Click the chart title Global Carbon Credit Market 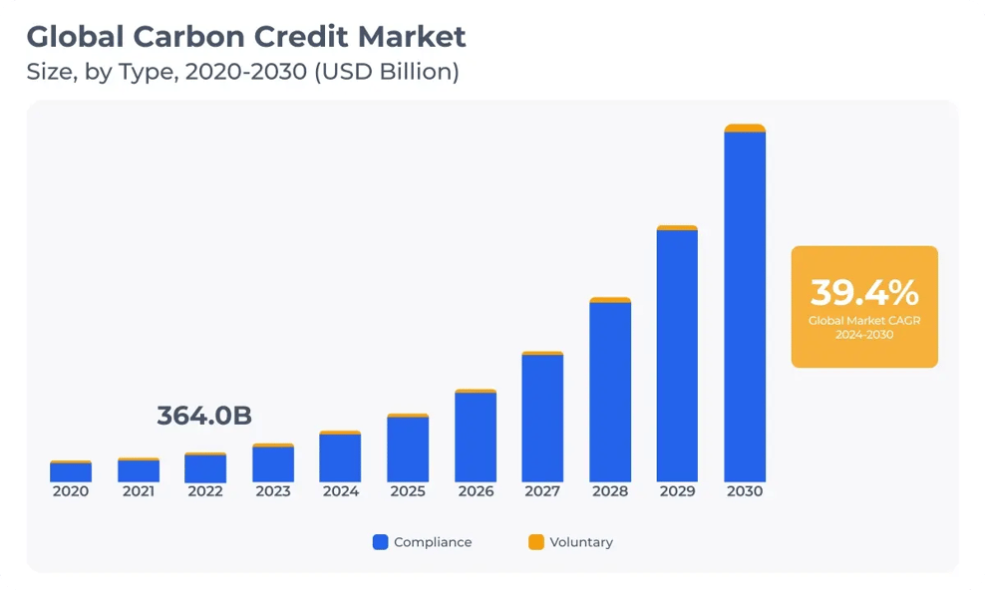pos(245,38)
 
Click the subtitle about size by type pos(242,73)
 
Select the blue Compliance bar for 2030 pos(745,307)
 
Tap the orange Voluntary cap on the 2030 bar pos(745,128)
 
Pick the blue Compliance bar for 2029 pos(677,356)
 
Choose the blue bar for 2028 pos(610,392)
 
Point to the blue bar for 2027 pos(542,419)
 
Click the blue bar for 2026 pos(476,438)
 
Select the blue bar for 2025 pos(408,449)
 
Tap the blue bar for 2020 pos(71,472)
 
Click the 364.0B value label pos(204,417)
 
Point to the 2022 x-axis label pos(205,491)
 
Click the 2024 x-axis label pos(340,491)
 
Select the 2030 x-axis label pos(745,491)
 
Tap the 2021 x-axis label pos(138,491)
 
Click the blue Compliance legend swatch pos(380,542)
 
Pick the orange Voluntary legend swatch pos(536,542)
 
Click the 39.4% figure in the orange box pos(864,293)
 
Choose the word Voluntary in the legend pos(581,542)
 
